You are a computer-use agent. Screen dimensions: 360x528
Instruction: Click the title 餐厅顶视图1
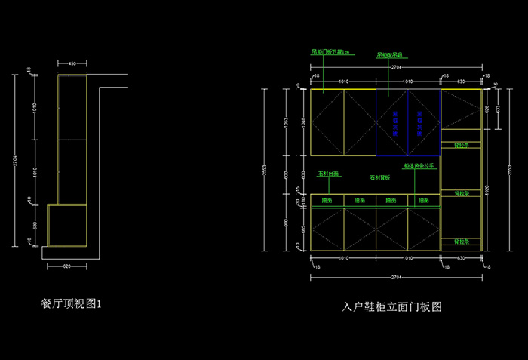[x=71, y=304]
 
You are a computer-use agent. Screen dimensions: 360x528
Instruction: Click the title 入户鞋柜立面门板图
[x=391, y=307]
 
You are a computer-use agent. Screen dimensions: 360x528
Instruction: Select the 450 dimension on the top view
[x=72, y=64]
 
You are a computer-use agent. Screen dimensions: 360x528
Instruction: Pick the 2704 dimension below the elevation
[x=397, y=277]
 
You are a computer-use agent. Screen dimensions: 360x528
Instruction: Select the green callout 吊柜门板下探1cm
[x=332, y=53]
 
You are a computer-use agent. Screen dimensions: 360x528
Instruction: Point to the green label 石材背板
[x=379, y=178]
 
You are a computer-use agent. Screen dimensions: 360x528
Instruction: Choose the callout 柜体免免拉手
[x=419, y=165]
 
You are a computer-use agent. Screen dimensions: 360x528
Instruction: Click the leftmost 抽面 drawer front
[x=327, y=201]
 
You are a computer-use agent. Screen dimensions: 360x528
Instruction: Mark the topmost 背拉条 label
[x=461, y=145]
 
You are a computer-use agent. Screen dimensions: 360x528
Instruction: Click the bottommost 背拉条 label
[x=461, y=242]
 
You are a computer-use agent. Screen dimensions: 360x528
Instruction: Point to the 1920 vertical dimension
[x=489, y=192]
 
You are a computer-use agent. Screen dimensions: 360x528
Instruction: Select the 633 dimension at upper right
[x=488, y=109]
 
